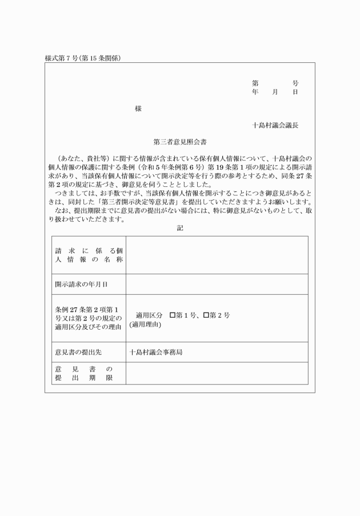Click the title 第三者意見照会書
point(180,141)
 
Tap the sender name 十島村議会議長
point(275,125)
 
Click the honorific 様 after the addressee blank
point(138,109)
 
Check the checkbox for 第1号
point(173,315)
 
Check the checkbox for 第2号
point(206,315)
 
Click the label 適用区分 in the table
point(149,315)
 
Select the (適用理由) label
point(145,325)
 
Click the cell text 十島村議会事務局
point(155,352)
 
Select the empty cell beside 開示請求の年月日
point(217,284)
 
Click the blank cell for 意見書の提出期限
point(217,373)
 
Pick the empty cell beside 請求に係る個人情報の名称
point(217,255)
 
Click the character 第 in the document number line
point(255,83)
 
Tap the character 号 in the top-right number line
point(295,83)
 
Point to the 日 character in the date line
point(295,92)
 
